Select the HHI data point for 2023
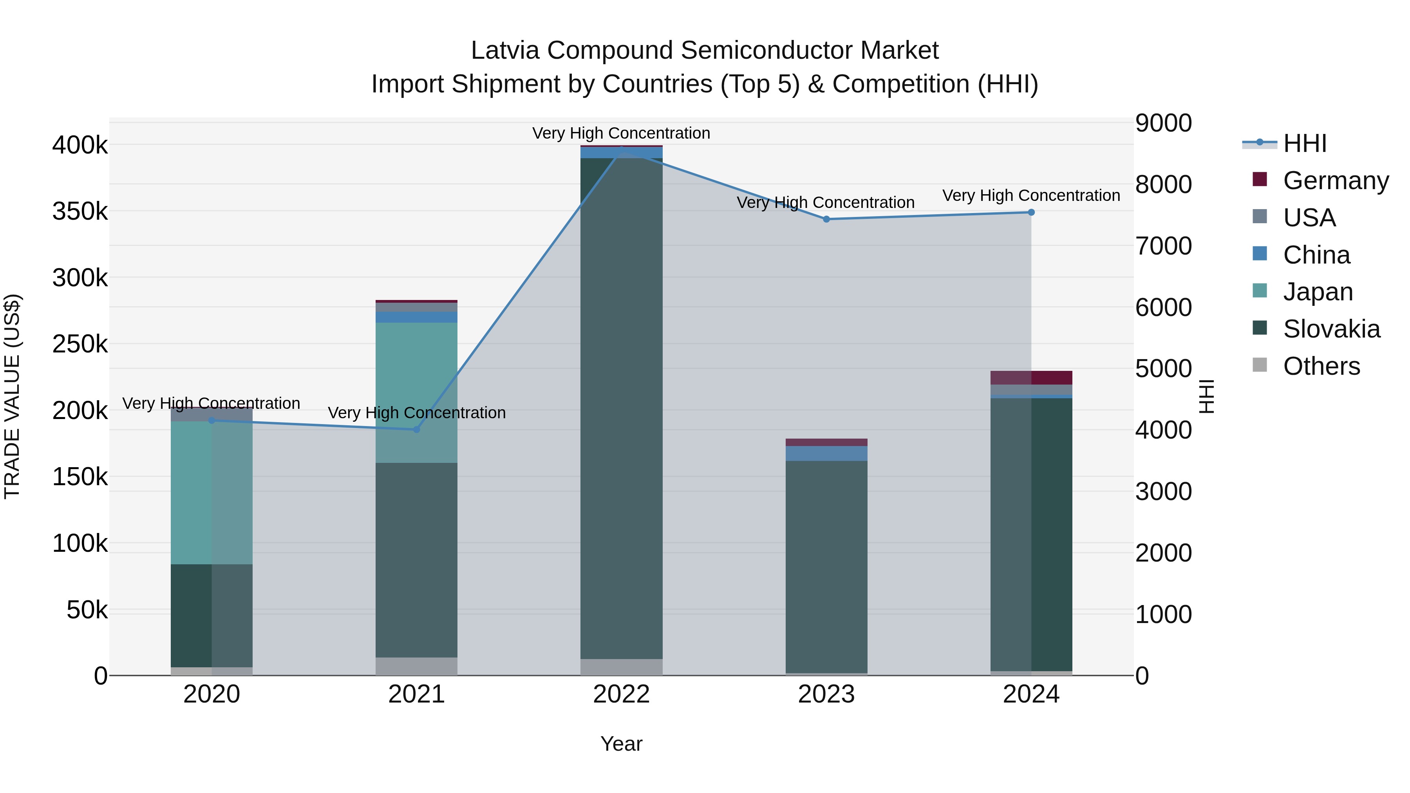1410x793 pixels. [826, 219]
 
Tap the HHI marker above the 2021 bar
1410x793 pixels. [417, 430]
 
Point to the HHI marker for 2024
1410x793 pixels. [1031, 212]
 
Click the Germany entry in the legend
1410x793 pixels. [1336, 181]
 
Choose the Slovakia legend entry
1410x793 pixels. [1331, 329]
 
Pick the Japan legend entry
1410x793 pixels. [1318, 292]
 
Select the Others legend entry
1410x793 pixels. [1321, 366]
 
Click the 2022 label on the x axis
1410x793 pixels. [621, 694]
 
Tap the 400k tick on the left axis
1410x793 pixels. [80, 146]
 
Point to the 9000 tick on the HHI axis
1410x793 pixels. [1163, 123]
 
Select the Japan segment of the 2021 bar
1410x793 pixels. [417, 392]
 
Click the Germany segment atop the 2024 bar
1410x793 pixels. [1031, 378]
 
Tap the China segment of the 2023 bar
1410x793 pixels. [826, 453]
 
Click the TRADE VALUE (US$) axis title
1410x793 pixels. [12, 396]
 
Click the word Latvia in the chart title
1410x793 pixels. [505, 51]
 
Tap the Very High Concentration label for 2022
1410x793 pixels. [621, 133]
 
